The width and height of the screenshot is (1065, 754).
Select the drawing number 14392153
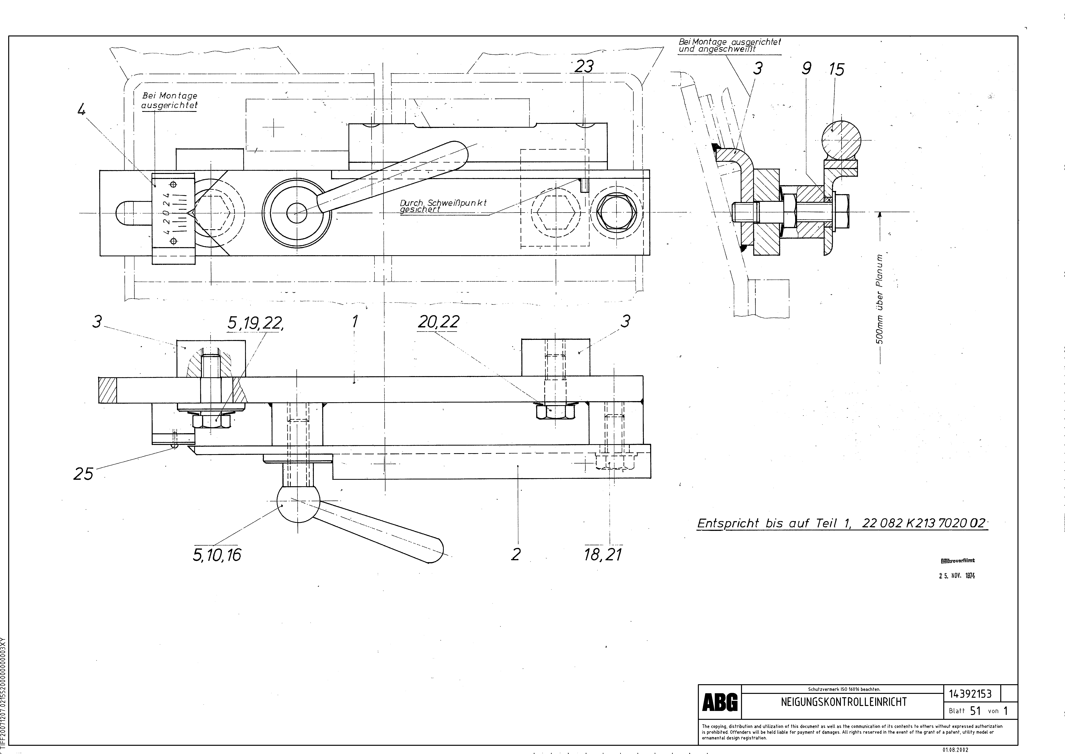970,694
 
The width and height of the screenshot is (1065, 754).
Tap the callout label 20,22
438,321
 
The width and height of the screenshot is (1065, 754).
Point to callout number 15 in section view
836,70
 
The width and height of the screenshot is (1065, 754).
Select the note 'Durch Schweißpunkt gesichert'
443,206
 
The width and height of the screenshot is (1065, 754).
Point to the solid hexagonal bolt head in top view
616,213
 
